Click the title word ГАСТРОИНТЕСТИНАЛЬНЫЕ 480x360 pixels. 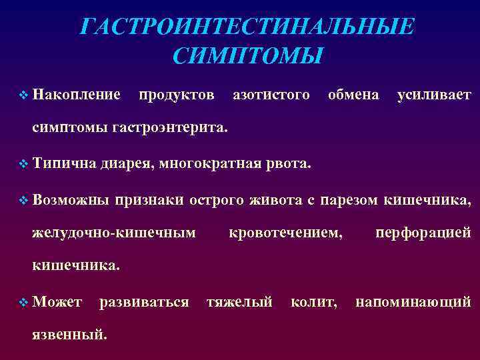(x=247, y=27)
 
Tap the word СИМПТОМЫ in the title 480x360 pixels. (x=247, y=55)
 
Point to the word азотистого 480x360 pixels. (x=271, y=95)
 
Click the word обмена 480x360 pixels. (x=353, y=95)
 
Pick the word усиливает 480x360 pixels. (x=434, y=95)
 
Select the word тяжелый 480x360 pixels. (x=239, y=303)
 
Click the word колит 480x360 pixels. (x=313, y=303)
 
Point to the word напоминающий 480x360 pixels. (x=413, y=303)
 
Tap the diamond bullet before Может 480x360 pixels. (x=24, y=303)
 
